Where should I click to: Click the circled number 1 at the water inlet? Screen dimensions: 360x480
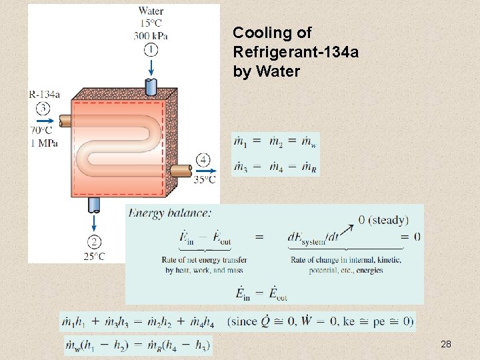151,49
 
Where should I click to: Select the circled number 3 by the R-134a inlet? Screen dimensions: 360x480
43,108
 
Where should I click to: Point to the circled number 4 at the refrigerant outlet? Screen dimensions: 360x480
203,159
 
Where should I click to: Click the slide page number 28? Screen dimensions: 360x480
446,344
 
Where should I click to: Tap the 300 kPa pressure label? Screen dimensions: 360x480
151,35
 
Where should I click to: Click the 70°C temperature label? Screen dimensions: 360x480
41,130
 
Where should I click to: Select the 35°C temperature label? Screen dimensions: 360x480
204,179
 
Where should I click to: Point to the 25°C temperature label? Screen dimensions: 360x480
94,256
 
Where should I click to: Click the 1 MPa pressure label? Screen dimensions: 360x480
43,142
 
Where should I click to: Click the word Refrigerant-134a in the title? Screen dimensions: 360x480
296,52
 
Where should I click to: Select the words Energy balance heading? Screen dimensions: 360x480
170,213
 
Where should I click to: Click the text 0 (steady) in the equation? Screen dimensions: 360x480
383,219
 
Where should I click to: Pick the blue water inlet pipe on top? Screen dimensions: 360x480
151,87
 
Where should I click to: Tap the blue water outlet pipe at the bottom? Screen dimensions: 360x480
95,203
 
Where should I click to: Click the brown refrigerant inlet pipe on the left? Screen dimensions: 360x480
65,121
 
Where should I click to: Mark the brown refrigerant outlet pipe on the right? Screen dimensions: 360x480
180,171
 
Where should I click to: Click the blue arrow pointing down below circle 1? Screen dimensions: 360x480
151,67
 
